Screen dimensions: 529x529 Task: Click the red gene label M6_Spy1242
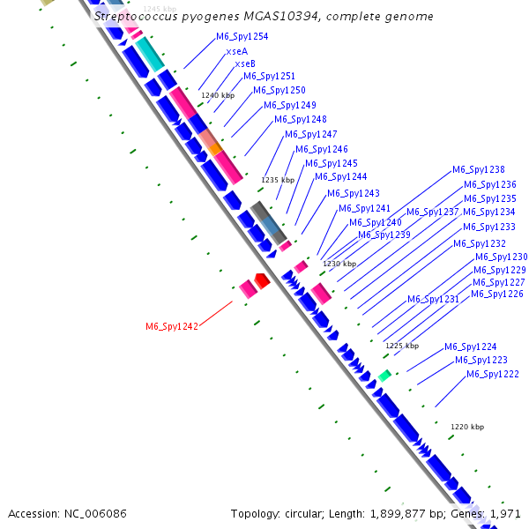[x=172, y=326]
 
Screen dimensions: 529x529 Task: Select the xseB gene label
[x=244, y=63]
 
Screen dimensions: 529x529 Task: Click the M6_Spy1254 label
[x=242, y=37]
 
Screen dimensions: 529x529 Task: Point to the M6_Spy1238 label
[x=479, y=169]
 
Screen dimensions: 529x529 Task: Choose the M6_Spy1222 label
[x=493, y=374]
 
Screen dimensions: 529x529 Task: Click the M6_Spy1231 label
[x=433, y=299]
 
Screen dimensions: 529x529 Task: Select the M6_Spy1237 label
[x=432, y=212]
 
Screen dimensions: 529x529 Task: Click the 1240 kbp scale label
[x=218, y=95]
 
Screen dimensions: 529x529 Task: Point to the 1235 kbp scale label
[x=277, y=180]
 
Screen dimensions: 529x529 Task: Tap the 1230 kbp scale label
[x=339, y=264]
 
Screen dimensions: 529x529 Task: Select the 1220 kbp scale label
[x=467, y=427]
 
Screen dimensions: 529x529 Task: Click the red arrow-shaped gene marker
[x=261, y=280]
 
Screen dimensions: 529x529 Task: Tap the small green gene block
[x=384, y=376]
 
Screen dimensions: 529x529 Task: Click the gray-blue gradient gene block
[x=268, y=221]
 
